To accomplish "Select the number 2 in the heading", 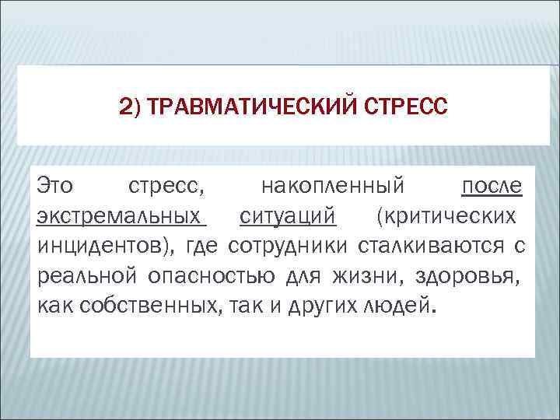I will pos(127,105).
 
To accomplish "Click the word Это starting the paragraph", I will pos(56,187).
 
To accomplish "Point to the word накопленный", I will pos(333,187).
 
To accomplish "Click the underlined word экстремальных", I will pos(121,216).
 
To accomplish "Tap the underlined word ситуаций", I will pos(287,216).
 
